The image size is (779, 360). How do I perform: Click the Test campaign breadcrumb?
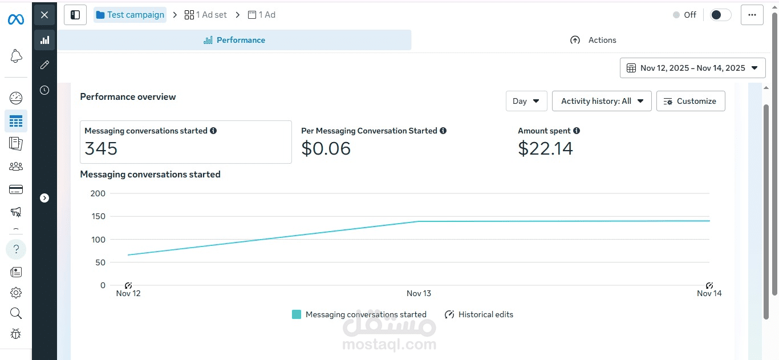[x=130, y=15]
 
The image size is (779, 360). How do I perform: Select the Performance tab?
[x=234, y=40]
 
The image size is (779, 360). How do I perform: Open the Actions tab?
[x=593, y=40]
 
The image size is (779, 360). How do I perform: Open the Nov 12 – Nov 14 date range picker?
[x=692, y=68]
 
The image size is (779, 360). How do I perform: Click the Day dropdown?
[x=526, y=101]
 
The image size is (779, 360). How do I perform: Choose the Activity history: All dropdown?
[x=601, y=101]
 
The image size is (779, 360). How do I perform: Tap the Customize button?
[x=690, y=101]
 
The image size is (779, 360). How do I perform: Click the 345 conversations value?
[x=101, y=149]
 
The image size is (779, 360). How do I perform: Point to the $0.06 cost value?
[x=326, y=149]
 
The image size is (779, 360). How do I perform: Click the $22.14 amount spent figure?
[x=545, y=149]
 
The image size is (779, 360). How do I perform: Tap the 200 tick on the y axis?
[x=98, y=193]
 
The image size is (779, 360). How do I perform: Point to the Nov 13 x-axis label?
[x=419, y=293]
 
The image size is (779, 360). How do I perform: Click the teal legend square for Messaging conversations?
[x=297, y=314]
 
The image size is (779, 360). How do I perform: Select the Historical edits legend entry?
[x=479, y=314]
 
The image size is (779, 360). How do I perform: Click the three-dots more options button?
[x=752, y=15]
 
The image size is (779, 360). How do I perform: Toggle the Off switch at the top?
[x=721, y=15]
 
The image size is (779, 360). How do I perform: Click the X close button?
[x=44, y=15]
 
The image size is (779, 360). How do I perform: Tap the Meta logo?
[x=15, y=20]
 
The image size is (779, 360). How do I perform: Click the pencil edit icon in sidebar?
[x=44, y=65]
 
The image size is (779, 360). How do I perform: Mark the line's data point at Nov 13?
[x=419, y=221]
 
